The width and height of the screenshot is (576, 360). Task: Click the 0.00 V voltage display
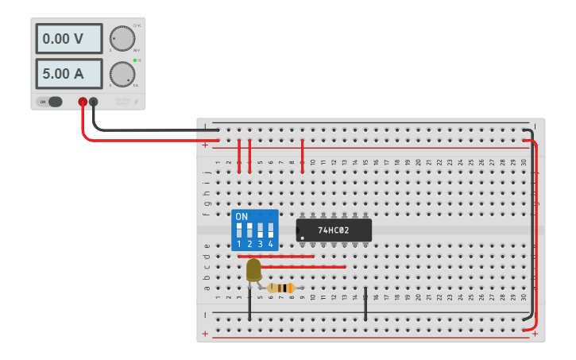(68, 38)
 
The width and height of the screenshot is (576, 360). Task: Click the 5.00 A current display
(68, 73)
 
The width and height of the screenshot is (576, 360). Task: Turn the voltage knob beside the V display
(122, 38)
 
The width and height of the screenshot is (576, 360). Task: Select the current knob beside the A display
(122, 74)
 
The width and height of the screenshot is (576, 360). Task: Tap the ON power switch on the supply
(51, 102)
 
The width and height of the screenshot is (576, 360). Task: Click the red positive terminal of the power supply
(83, 102)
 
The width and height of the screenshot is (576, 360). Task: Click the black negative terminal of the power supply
(94, 102)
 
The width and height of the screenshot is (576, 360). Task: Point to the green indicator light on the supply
(136, 60)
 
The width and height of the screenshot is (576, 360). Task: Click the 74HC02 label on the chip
(334, 230)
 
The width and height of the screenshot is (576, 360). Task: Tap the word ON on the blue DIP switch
(242, 216)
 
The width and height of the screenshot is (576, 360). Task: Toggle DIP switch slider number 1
(239, 230)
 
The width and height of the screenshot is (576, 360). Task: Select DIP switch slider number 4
(270, 230)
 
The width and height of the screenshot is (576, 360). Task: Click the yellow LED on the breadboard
(253, 270)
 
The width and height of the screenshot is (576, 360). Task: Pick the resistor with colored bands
(281, 288)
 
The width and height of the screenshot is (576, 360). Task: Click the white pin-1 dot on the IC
(303, 237)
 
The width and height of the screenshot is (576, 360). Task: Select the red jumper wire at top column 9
(303, 154)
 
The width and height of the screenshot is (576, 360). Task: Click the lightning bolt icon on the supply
(136, 102)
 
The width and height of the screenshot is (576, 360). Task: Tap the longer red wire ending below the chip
(302, 267)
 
